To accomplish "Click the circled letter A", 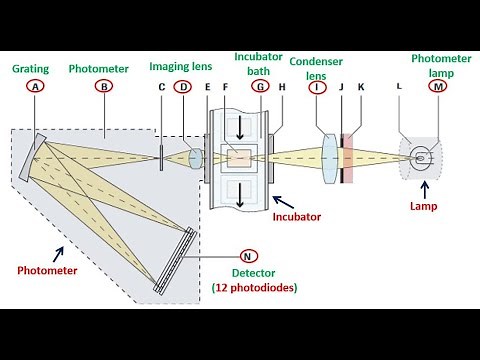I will point(36,87).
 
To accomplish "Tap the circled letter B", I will point(104,87).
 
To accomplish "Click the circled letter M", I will point(437,87).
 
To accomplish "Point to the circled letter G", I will point(261,87).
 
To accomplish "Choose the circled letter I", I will point(318,87).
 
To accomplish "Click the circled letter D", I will point(183,87).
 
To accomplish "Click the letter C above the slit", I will point(161,88).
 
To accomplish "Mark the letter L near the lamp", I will point(400,88).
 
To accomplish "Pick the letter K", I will point(361,88).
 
